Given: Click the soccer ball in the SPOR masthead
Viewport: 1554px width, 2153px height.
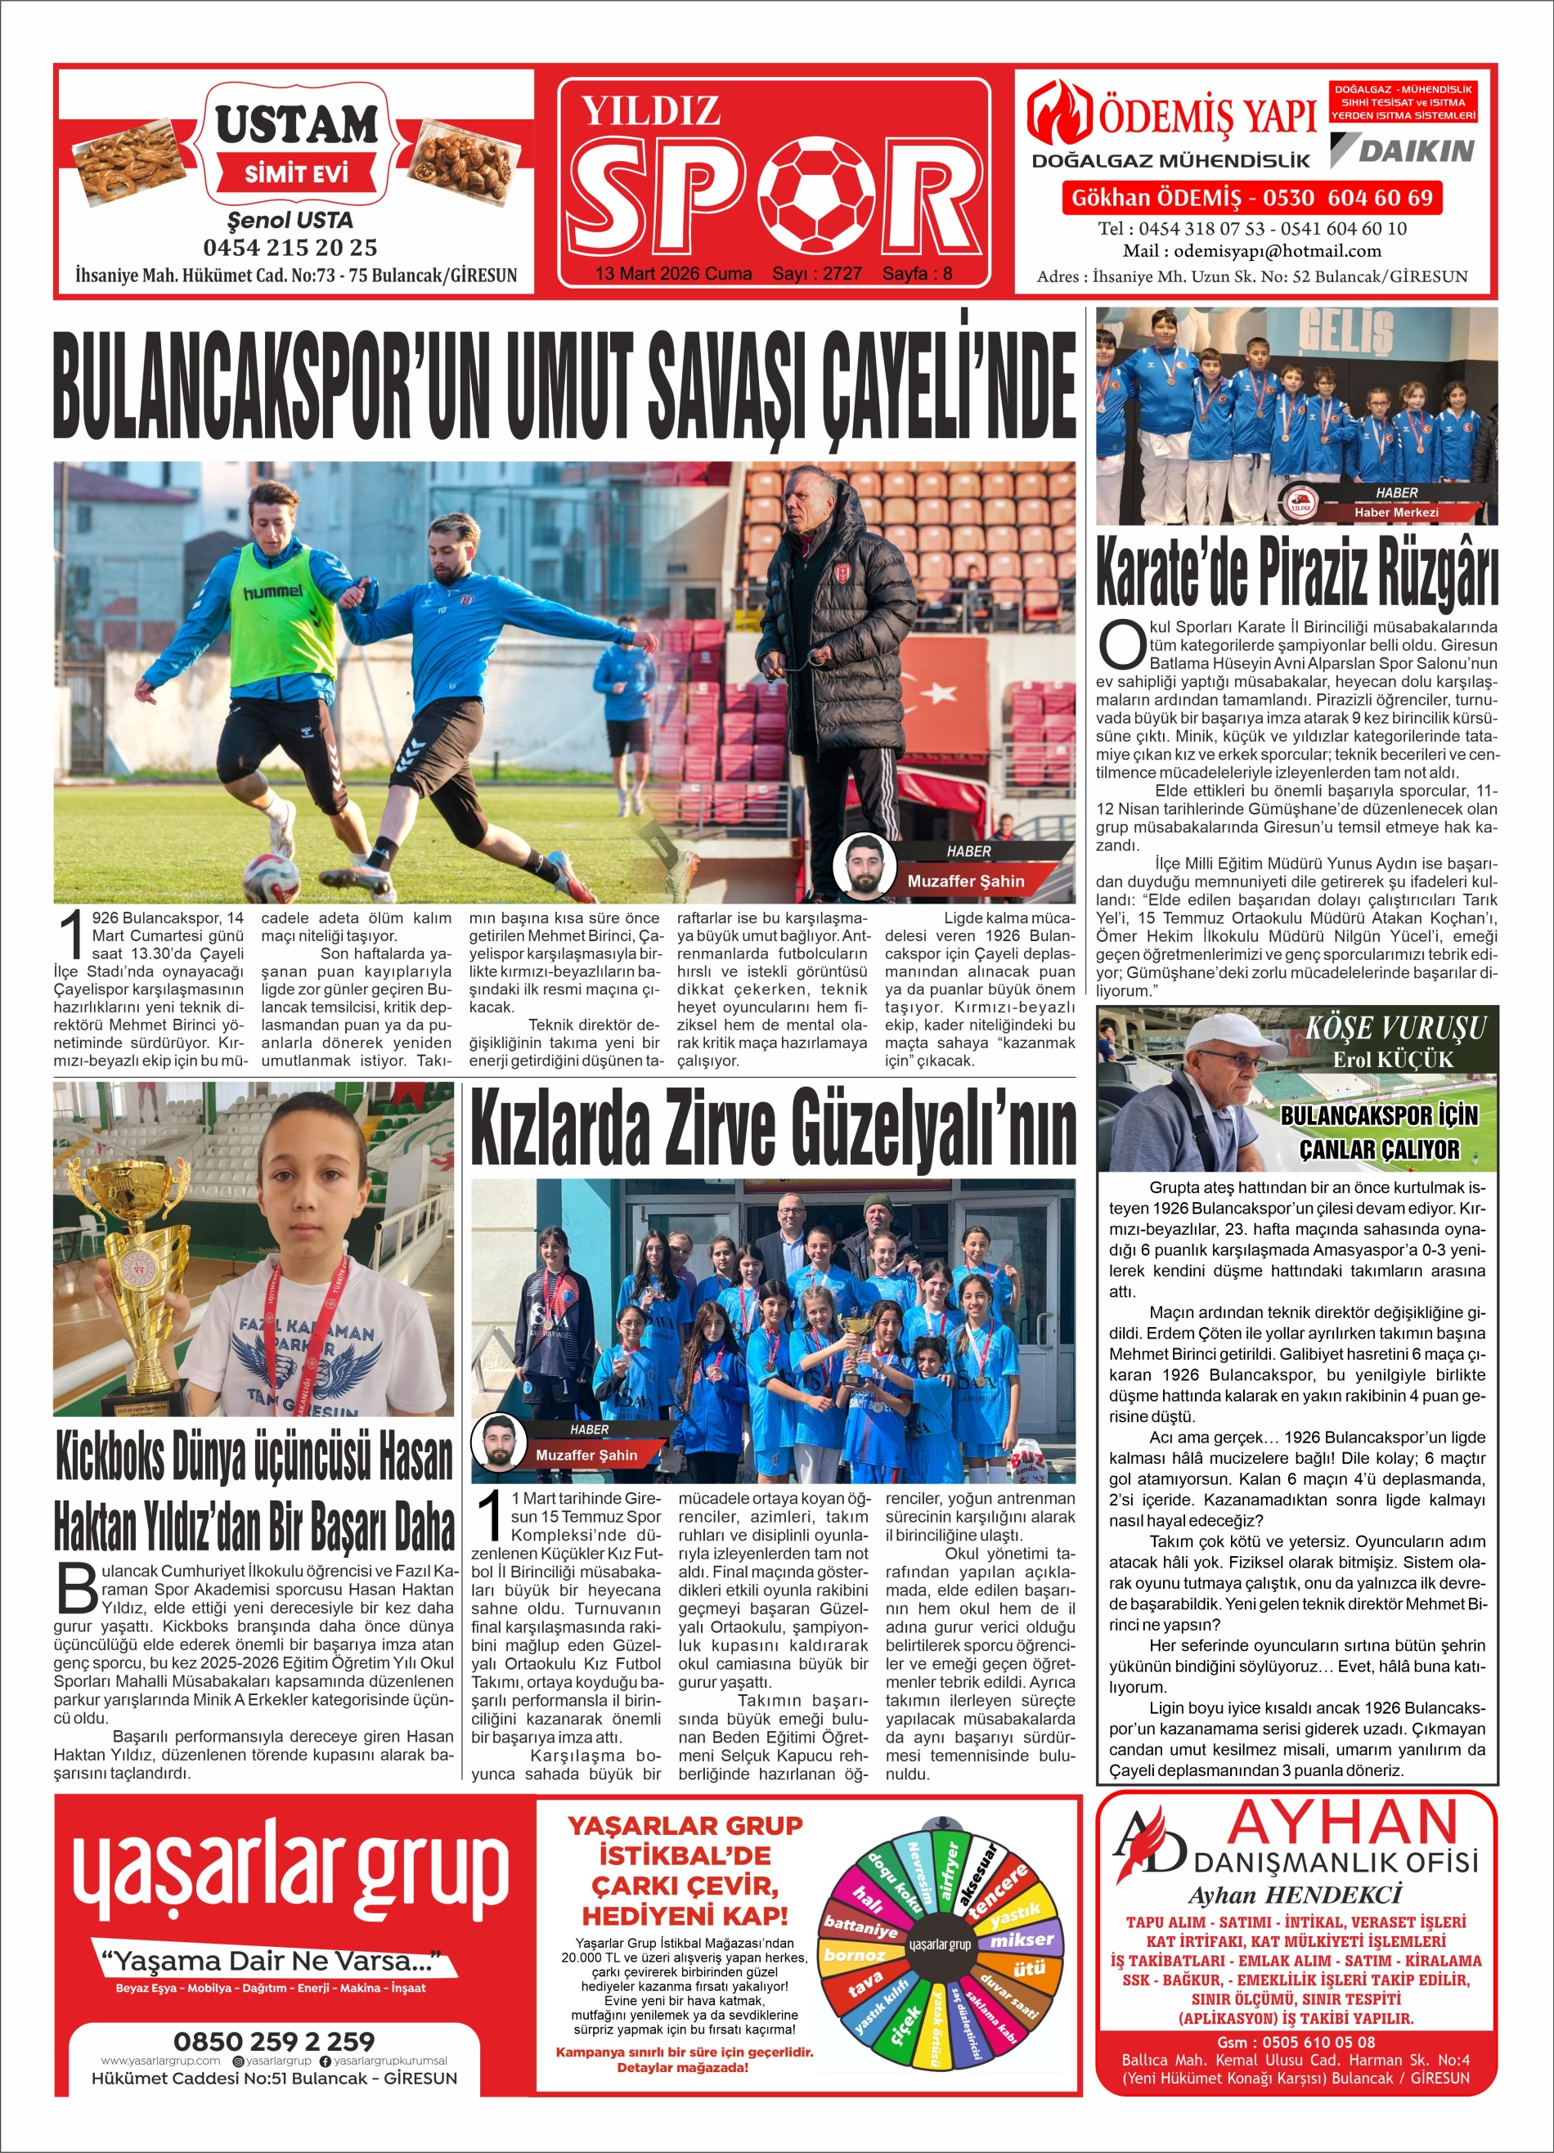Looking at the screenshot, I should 822,193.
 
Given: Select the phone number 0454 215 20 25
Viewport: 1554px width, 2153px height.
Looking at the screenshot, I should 290,248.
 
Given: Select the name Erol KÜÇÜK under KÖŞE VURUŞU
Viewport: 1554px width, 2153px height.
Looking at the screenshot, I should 1393,1060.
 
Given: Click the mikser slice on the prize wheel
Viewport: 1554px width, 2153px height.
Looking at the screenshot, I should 1021,1940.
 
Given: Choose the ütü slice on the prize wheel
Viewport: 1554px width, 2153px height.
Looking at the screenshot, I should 1029,1970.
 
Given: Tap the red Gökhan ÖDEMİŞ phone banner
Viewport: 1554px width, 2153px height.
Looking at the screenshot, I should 1251,199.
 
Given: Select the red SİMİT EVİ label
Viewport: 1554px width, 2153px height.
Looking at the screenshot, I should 296,173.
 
